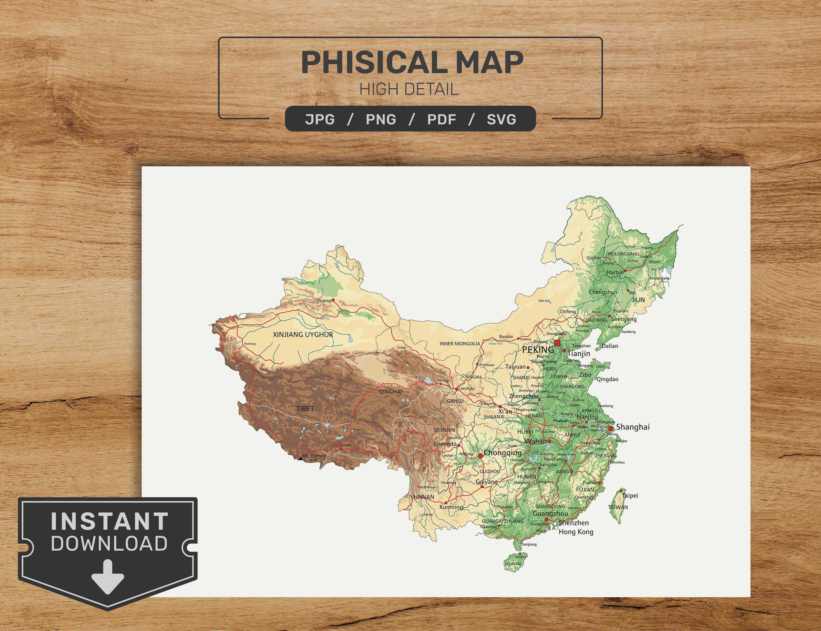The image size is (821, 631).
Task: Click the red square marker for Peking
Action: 557,343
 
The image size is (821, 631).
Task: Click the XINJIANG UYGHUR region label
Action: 303,335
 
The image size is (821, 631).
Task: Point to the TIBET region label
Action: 305,409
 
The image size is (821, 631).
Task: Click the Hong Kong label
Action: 576,532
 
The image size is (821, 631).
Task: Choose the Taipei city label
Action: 630,496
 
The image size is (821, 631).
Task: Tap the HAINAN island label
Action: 513,574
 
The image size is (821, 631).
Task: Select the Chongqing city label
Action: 503,453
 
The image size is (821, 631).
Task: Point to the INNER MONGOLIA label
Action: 460,344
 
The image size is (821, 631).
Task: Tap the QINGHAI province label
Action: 390,391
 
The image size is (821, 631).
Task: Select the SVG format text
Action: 501,119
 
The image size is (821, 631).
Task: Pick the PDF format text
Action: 442,119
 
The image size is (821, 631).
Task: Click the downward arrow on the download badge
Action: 107,582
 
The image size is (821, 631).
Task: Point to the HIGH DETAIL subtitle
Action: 409,89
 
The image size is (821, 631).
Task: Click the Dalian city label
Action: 609,346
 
